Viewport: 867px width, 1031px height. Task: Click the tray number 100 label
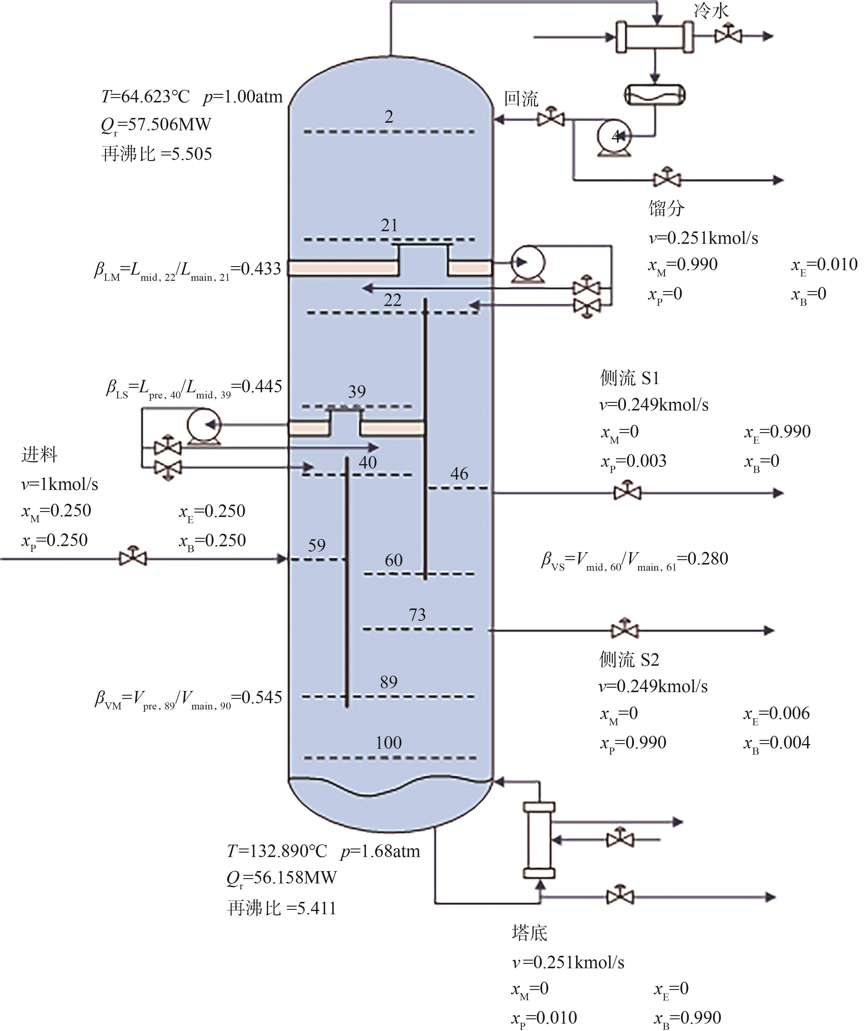(388, 743)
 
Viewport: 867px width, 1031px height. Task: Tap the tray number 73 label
(417, 614)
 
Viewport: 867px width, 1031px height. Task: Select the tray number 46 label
(459, 474)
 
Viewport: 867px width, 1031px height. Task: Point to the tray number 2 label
(389, 117)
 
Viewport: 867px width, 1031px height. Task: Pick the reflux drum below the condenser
(655, 95)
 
